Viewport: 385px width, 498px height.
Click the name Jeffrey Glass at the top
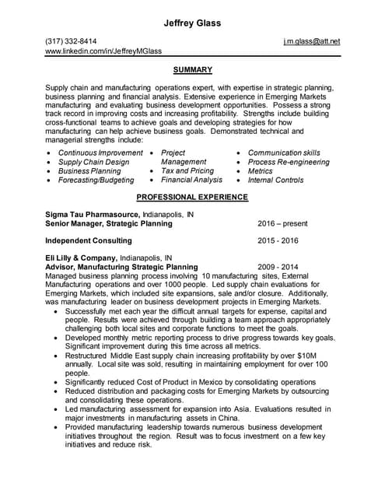point(192,23)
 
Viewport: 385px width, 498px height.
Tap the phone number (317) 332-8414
point(72,40)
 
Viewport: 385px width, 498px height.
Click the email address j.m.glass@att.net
point(312,40)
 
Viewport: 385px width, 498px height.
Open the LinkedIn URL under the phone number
point(103,51)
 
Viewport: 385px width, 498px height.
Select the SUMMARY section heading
point(192,70)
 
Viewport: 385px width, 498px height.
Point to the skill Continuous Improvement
point(100,153)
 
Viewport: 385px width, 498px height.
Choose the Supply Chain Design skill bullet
point(94,163)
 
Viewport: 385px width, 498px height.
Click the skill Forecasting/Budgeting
point(96,181)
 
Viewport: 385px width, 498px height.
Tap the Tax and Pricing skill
point(187,171)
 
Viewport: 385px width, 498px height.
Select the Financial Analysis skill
point(191,181)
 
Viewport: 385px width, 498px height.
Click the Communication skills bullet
point(284,153)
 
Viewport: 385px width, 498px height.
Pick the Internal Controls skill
point(275,181)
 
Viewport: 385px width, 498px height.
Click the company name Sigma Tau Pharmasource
point(93,214)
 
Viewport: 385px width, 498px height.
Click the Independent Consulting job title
point(89,240)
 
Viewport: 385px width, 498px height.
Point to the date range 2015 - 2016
point(278,240)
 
